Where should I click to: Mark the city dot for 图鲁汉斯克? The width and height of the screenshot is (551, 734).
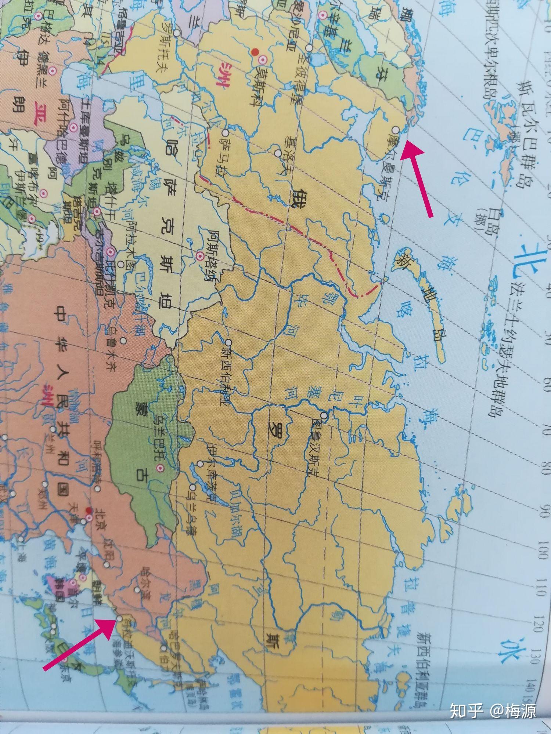coord(324,415)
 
